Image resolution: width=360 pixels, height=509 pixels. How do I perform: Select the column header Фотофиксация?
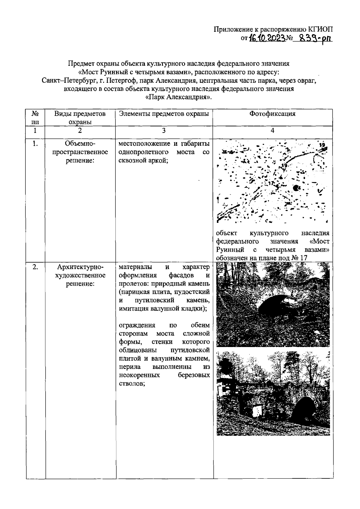(272, 114)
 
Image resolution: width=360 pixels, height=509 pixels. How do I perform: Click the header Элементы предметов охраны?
(164, 114)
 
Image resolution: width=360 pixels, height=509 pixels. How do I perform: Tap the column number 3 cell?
(164, 130)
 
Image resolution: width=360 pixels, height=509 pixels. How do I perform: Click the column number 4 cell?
(272, 130)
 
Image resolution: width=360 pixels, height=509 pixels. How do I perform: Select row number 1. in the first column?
(35, 144)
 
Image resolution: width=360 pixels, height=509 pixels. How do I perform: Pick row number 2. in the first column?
(35, 267)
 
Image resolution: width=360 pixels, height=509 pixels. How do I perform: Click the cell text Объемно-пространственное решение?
(80, 152)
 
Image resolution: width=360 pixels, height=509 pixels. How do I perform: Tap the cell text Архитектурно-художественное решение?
(80, 275)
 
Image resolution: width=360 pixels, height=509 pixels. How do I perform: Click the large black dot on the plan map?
(296, 188)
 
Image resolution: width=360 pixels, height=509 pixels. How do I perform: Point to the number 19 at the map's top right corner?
(322, 145)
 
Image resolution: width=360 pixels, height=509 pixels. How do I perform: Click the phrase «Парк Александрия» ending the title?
(178, 97)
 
